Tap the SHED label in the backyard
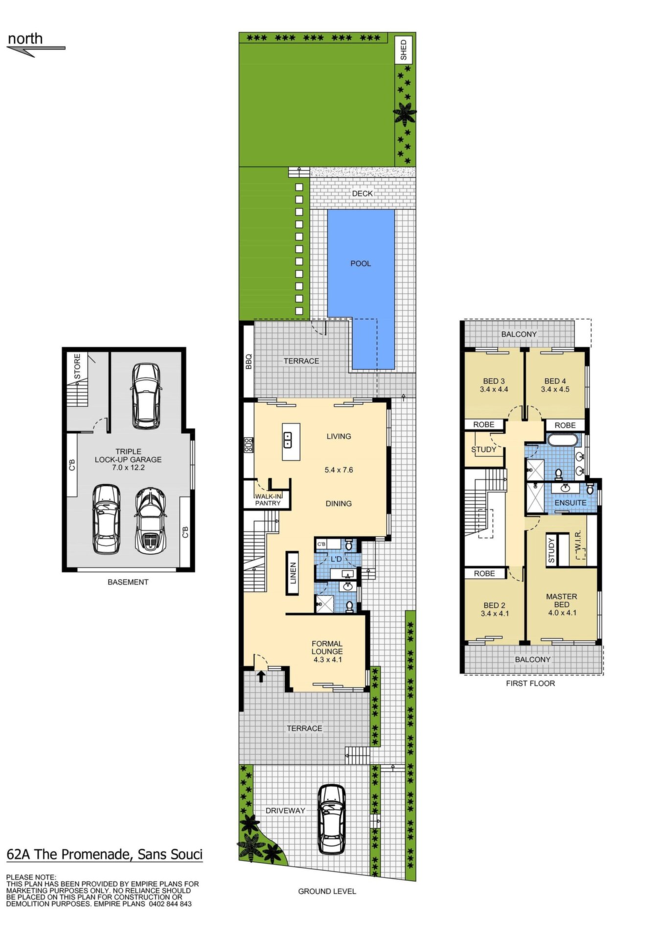(404, 50)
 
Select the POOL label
(361, 263)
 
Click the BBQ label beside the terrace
(248, 361)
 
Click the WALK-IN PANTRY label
(268, 500)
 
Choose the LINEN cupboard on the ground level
(293, 573)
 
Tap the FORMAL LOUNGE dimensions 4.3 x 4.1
(327, 659)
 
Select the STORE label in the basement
(77, 366)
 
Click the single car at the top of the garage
(146, 396)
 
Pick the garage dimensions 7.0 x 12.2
(128, 468)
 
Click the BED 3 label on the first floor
(494, 381)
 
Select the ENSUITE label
(570, 503)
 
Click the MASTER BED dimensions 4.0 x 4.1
(562, 613)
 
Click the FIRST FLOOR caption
(530, 683)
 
